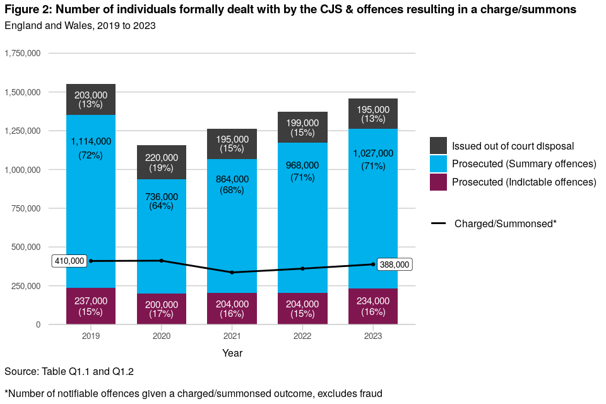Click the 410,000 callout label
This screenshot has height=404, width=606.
click(x=69, y=261)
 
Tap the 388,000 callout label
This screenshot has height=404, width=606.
click(x=395, y=265)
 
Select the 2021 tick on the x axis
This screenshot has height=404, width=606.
click(x=232, y=336)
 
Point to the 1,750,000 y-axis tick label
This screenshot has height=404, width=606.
click(x=23, y=53)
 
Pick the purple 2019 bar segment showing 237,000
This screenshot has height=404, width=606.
click(x=91, y=306)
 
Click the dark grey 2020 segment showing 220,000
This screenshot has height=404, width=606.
click(x=162, y=162)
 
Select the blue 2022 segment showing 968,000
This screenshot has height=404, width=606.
click(x=303, y=189)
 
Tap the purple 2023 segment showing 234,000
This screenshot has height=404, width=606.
click(x=373, y=307)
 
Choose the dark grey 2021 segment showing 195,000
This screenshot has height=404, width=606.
click(x=232, y=144)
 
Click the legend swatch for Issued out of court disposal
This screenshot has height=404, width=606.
click(x=438, y=146)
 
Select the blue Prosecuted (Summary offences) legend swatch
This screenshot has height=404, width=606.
click(x=438, y=164)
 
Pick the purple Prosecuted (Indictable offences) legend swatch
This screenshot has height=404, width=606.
click(x=438, y=182)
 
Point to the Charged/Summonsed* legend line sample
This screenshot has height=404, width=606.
click(x=438, y=223)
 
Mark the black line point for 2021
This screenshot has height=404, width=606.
click(x=232, y=273)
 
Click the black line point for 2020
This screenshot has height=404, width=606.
click(x=162, y=261)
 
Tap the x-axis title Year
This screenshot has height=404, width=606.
click(x=232, y=353)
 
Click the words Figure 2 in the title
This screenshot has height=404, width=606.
click(x=27, y=9)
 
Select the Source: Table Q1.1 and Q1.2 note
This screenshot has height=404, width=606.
click(x=69, y=371)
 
